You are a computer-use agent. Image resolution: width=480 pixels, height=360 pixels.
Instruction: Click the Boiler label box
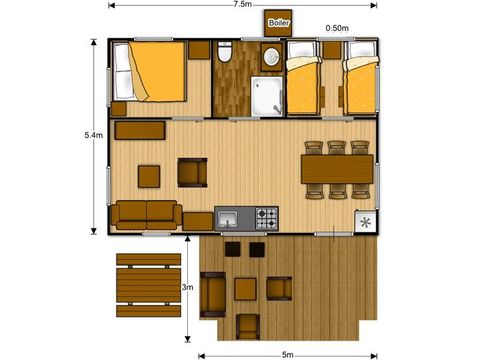pos(278,23)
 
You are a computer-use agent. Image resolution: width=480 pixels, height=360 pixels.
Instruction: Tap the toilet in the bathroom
pos(225,52)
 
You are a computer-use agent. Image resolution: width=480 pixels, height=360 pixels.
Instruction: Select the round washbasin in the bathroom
pos(272,57)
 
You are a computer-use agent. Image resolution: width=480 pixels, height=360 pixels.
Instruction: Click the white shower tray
pos(267,96)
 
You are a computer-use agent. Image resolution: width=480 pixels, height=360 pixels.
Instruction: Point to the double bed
pos(149,71)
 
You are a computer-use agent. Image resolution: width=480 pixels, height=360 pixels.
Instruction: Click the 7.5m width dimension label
pos(242,5)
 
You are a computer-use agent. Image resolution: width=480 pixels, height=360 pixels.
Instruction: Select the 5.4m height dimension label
pos(94,135)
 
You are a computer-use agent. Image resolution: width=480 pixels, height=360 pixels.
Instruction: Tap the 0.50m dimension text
pos(337,28)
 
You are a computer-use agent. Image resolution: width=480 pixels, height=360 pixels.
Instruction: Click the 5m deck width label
pos(287,355)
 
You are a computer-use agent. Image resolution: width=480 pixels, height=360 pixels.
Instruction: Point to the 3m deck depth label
pos(187,287)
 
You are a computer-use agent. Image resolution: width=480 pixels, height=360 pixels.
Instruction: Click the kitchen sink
pos(228,219)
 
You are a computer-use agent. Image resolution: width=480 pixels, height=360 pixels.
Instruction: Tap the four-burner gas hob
pos(267,218)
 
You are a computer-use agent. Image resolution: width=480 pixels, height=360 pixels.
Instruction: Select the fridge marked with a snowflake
pos(366,222)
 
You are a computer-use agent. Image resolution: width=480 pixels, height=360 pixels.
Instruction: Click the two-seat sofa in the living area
pos(147,215)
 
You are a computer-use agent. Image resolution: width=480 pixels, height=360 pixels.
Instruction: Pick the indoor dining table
pos(337,169)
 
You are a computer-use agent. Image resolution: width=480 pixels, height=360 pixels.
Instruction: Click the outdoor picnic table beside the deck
pos(149,285)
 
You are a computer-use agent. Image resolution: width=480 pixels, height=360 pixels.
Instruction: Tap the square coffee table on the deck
pos(245,289)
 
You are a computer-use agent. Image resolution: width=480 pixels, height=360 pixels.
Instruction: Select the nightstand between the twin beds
pos(332,50)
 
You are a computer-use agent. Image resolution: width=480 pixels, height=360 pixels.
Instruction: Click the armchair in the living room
pos(192,172)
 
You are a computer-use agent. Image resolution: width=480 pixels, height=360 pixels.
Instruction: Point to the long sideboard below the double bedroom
pos(140,130)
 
